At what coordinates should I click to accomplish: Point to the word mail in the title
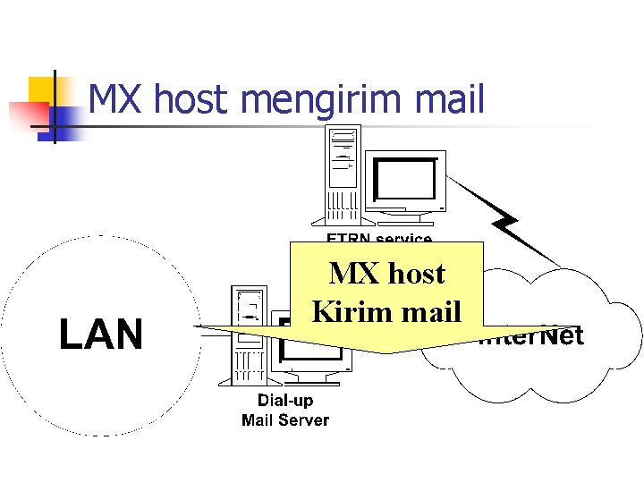(452, 99)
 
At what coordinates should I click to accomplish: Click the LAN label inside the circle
(101, 335)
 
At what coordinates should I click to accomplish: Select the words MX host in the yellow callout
(386, 273)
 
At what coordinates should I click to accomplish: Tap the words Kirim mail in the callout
(386, 310)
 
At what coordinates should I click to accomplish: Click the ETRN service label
(379, 239)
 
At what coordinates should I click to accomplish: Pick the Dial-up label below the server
(285, 400)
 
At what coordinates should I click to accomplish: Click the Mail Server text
(285, 419)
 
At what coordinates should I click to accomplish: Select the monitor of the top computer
(408, 182)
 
